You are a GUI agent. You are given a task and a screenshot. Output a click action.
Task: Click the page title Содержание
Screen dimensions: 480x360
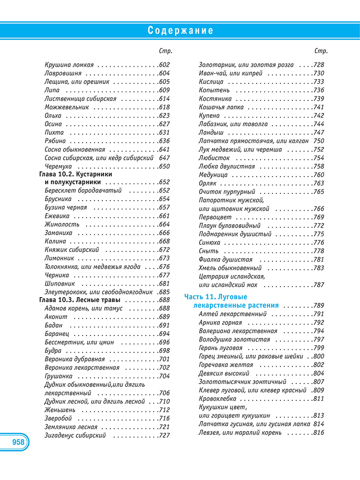[180, 31]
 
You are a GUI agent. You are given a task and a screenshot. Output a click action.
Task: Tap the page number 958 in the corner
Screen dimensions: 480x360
[15, 442]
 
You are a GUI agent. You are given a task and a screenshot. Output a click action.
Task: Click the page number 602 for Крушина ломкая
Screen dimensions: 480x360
[164, 64]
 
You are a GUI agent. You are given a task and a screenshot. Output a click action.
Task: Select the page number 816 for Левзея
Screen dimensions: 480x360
[319, 432]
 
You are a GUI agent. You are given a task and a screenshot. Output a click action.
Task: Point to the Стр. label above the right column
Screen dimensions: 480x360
[321, 51]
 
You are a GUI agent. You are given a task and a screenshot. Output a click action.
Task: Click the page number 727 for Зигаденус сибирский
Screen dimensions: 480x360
[164, 435]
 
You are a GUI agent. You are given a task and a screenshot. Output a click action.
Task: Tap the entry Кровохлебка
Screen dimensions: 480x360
[217, 398]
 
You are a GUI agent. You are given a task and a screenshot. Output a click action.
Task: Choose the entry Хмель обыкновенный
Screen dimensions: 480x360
[230, 268]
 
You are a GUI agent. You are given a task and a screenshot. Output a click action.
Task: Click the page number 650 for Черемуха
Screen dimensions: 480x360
[164, 166]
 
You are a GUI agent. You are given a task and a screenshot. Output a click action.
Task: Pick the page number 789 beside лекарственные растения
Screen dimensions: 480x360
[319, 305]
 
